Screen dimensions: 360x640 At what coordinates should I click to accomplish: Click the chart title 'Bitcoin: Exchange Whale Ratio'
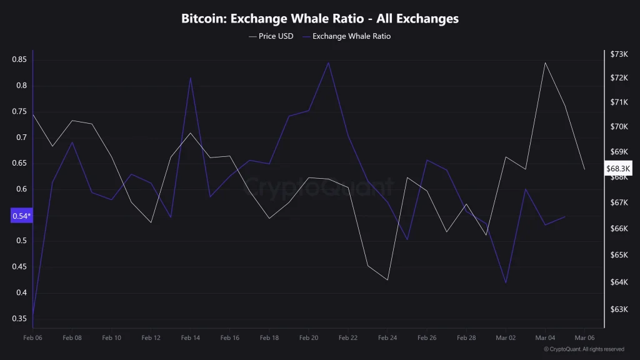[x=320, y=19]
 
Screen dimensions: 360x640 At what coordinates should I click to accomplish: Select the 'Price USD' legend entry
[x=271, y=36]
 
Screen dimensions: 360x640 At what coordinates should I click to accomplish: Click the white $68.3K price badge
[x=619, y=169]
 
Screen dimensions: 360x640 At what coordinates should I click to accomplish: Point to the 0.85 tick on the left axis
[x=19, y=59]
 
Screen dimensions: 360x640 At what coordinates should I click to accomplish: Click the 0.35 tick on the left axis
[x=19, y=319]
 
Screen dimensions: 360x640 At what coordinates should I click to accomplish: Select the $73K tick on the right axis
[x=619, y=54]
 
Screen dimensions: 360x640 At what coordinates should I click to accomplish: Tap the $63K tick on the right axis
[x=619, y=309]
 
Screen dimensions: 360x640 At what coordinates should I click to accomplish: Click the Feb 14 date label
[x=190, y=338]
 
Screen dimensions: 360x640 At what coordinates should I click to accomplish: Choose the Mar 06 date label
[x=584, y=338]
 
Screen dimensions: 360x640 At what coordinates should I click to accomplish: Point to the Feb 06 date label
[x=32, y=338]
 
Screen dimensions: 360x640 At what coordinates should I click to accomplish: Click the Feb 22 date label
[x=348, y=338]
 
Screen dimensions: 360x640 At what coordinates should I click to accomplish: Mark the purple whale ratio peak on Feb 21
[x=328, y=62]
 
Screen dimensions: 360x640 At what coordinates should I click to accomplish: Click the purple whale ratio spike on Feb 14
[x=190, y=77]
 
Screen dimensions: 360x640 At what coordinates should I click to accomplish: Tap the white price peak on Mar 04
[x=545, y=62]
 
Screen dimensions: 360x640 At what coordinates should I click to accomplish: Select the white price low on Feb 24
[x=387, y=280]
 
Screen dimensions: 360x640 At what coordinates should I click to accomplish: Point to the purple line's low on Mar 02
[x=506, y=283]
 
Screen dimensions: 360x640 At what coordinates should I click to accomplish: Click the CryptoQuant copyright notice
[x=584, y=349]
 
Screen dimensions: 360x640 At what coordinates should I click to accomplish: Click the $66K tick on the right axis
[x=619, y=229]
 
